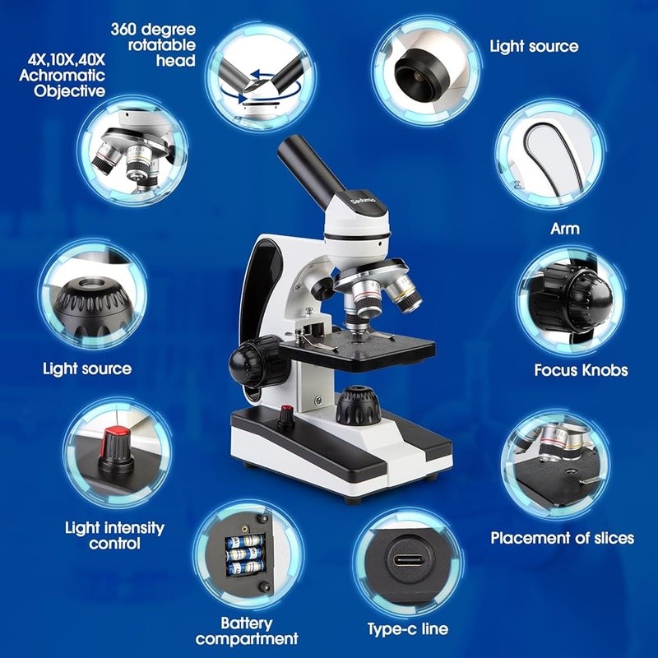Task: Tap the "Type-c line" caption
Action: tap(408, 629)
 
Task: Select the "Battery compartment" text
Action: tap(247, 631)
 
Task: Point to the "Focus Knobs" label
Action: tap(581, 370)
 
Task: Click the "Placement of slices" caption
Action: tap(563, 538)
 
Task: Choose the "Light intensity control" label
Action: tap(114, 535)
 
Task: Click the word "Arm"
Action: tap(565, 228)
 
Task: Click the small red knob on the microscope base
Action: tap(286, 414)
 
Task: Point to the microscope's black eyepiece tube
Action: tap(310, 168)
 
